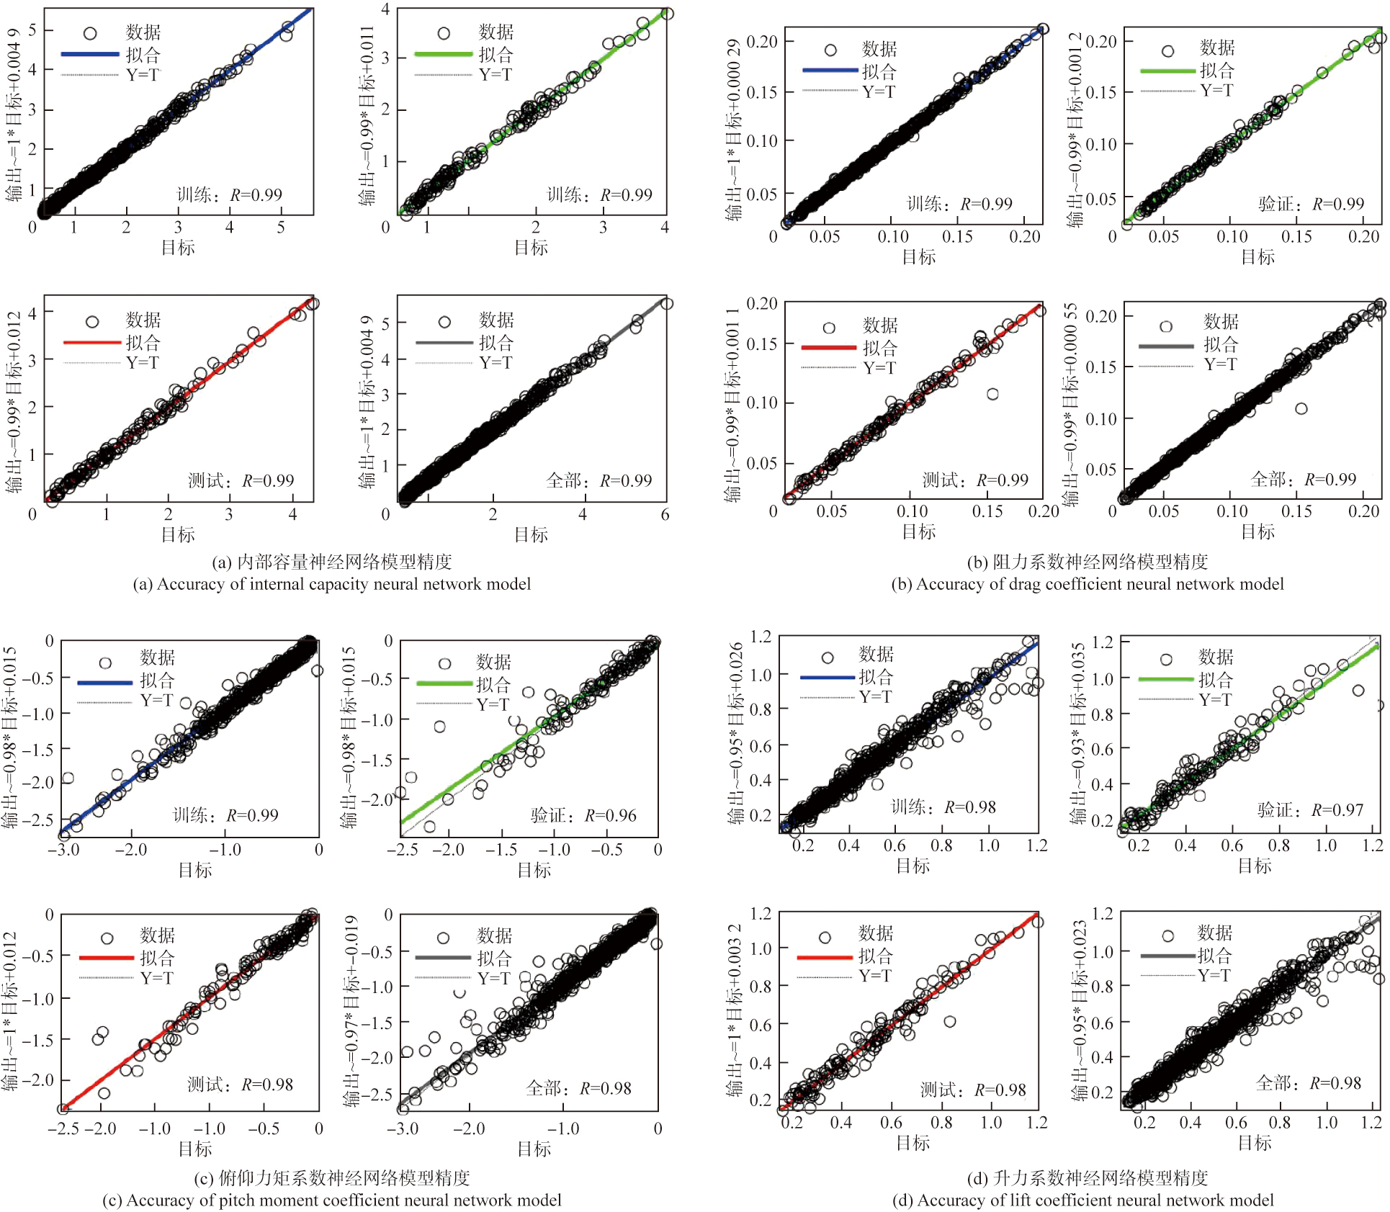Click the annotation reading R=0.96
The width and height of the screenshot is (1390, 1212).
coord(610,815)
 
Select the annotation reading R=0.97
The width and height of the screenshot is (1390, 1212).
coord(1337,810)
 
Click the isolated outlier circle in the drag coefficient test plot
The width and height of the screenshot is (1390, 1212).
coord(992,394)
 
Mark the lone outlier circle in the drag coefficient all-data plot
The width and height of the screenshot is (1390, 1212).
coord(1301,408)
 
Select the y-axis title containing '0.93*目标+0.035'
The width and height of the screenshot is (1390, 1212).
coord(1077,732)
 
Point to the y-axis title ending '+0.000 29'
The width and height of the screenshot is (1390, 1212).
coord(733,130)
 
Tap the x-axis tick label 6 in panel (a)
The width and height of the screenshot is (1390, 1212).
coord(665,514)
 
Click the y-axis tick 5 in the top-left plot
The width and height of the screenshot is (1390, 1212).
coord(32,30)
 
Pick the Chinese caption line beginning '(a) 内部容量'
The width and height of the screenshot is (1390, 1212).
coord(331,562)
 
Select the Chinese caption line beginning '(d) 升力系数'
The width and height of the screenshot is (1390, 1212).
coord(1087,1178)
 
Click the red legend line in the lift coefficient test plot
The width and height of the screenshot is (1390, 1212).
coord(825,958)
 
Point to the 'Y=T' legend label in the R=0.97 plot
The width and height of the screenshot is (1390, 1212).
coord(1216,699)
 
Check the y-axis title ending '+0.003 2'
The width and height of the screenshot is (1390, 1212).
coord(733,1010)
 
